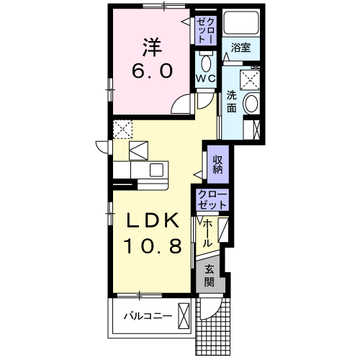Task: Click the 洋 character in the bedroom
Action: (x=153, y=47)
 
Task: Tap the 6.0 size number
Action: (x=152, y=71)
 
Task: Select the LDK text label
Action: (x=153, y=220)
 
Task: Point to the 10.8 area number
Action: (x=153, y=246)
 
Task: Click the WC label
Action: (x=206, y=78)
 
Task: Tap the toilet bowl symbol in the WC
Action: (x=206, y=63)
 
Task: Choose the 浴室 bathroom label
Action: (x=240, y=48)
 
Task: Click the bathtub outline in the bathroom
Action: (x=240, y=22)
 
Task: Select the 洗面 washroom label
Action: (x=232, y=102)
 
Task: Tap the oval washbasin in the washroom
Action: (x=251, y=104)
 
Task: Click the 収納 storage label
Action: (x=218, y=164)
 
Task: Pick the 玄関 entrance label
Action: (x=210, y=276)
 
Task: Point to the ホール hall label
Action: (x=207, y=233)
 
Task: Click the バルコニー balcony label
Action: (x=148, y=316)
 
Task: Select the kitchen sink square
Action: (x=156, y=170)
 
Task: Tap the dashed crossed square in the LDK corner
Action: (x=122, y=129)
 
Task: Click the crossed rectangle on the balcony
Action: (x=184, y=316)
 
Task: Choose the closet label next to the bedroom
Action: (x=206, y=30)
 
